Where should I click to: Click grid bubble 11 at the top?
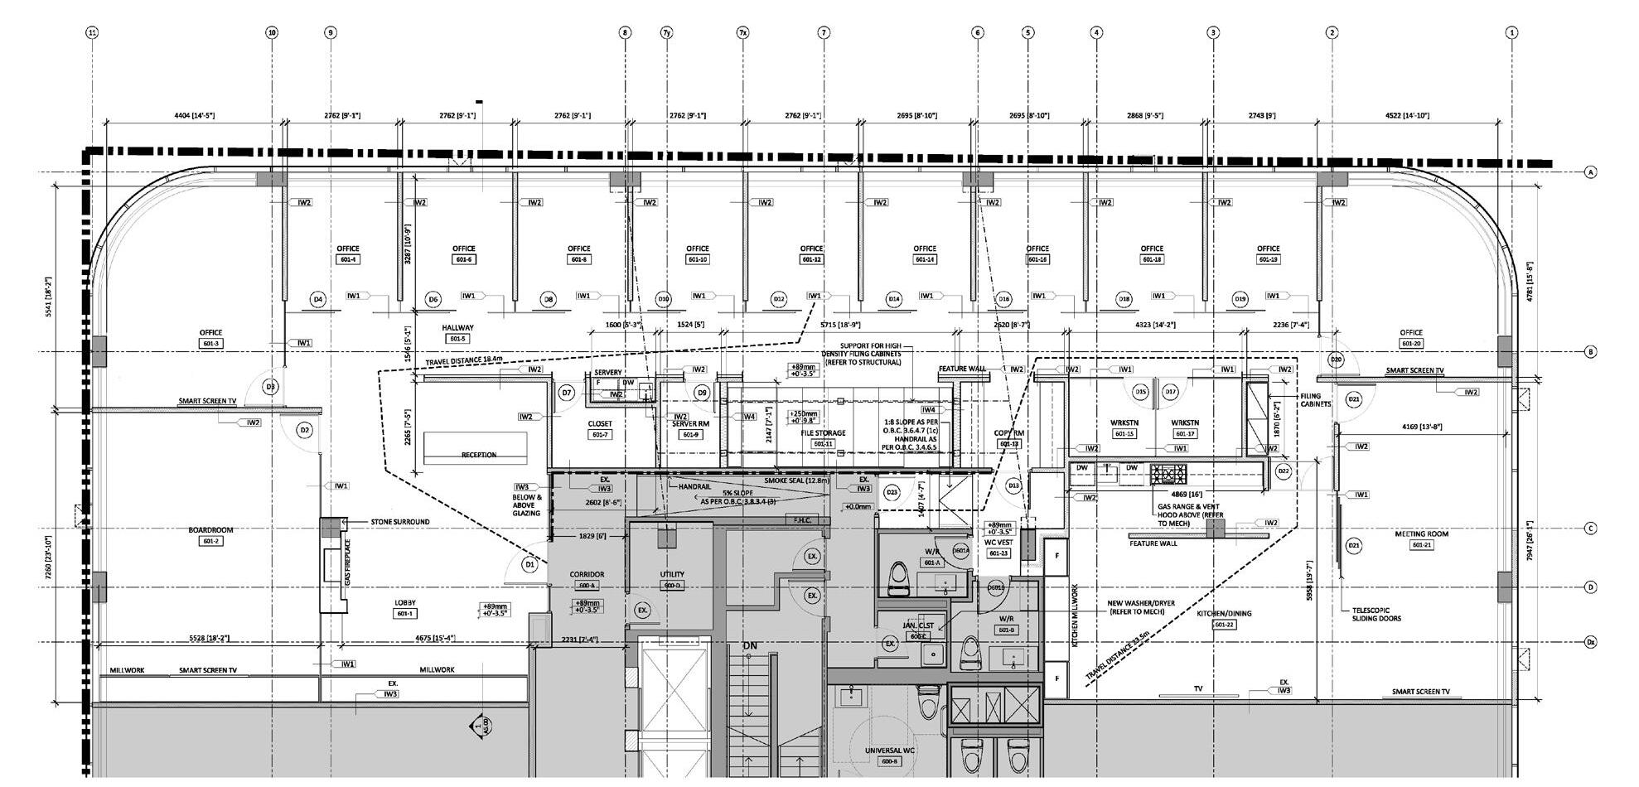point(92,32)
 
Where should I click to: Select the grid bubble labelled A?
point(1590,172)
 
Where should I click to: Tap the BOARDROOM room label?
point(210,530)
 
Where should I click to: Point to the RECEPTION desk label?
point(479,455)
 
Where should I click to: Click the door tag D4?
point(317,299)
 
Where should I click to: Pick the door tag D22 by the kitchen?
point(1284,471)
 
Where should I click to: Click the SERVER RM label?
point(690,424)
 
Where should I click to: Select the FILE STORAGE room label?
point(823,433)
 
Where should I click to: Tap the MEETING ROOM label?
point(1421,534)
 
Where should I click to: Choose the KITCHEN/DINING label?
point(1224,614)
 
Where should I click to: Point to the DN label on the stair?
point(750,645)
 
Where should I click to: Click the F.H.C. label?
point(801,520)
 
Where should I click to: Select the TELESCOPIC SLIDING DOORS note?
point(1376,614)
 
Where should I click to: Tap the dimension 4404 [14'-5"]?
point(194,116)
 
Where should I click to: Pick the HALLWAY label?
point(457,328)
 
